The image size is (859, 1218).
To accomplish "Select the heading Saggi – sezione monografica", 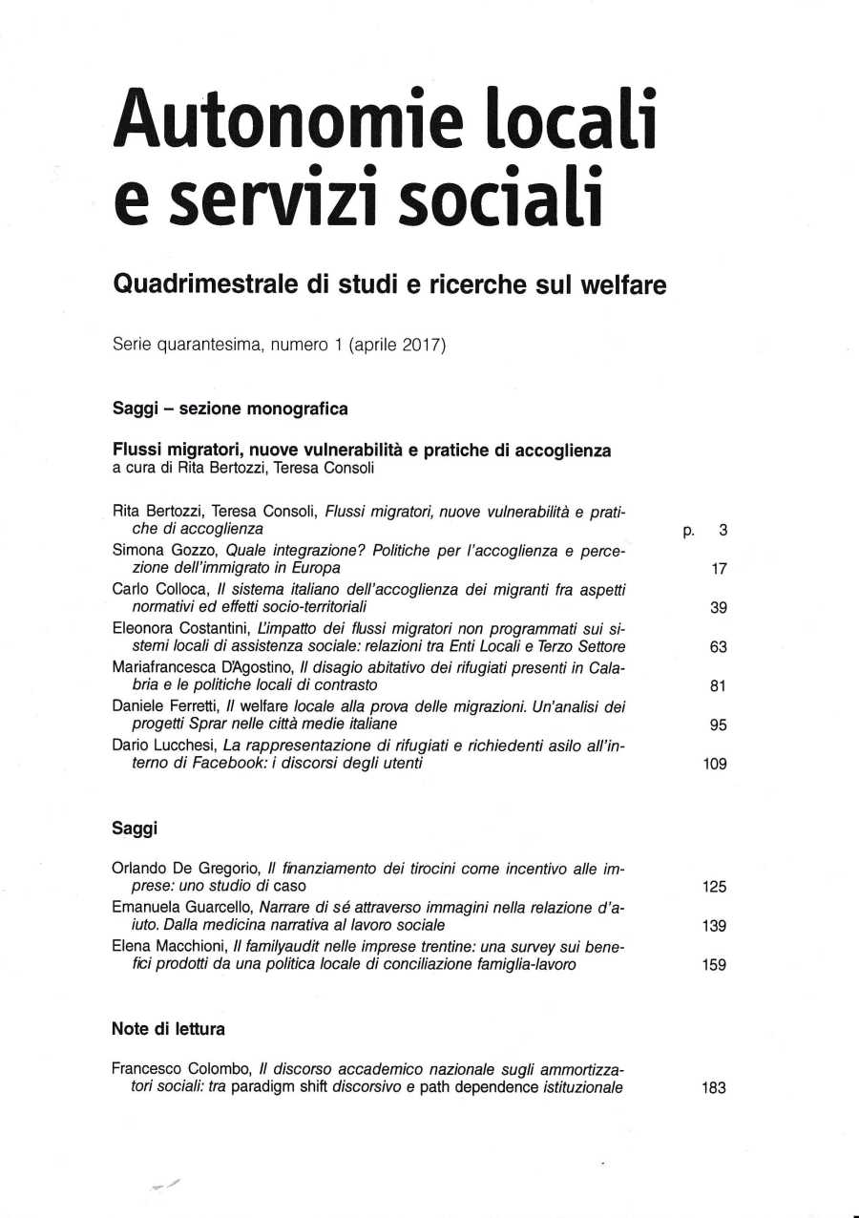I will pos(230,409).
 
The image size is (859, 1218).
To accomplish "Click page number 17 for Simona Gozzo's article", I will pos(719,569).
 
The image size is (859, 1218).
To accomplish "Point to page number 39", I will pos(719,608).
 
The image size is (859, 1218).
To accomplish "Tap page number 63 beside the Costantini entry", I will pos(719,647).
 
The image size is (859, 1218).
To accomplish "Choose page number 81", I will pos(719,685).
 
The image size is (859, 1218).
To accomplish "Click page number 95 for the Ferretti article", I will pos(719,724).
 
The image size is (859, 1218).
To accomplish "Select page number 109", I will pos(714,764).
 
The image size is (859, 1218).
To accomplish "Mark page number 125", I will pos(714,887).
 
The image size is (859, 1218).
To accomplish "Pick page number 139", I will pos(714,926).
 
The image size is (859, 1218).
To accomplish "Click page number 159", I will pos(714,965).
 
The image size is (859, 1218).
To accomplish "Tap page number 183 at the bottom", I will pos(713,1088).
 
